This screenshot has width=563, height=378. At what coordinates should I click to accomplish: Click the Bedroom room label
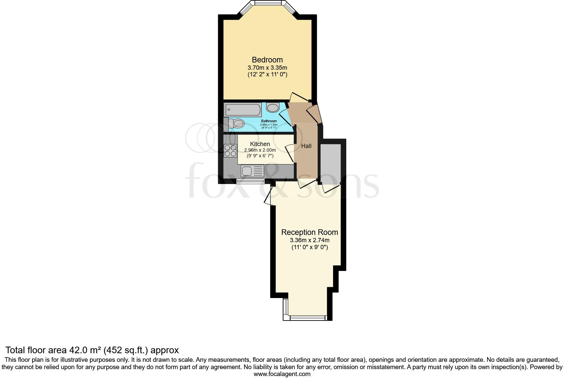(x=267, y=60)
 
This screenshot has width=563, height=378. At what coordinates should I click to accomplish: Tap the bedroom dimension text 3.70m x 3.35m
(x=267, y=68)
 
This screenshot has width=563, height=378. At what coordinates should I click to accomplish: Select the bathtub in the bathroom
(x=243, y=110)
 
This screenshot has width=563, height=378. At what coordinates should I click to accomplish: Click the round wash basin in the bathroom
(x=273, y=108)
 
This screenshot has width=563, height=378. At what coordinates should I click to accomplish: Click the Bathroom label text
(x=269, y=121)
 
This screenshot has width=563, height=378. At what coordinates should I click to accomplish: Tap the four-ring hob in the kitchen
(x=230, y=151)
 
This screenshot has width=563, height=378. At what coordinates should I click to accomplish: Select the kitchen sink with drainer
(x=252, y=171)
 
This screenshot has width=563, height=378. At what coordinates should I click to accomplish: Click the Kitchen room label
(x=260, y=144)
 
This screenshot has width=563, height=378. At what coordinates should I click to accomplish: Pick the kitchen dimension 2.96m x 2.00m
(x=260, y=150)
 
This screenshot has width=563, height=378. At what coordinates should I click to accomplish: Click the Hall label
(x=306, y=146)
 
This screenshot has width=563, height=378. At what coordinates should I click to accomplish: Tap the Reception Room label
(x=310, y=232)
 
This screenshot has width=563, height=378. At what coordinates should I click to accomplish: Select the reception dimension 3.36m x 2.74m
(x=310, y=241)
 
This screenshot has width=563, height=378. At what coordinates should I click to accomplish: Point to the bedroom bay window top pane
(x=268, y=3)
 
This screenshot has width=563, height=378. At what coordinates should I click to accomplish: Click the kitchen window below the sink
(x=250, y=181)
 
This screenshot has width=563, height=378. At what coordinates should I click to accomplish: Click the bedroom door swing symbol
(x=299, y=97)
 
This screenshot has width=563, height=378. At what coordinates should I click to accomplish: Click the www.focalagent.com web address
(x=282, y=374)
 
